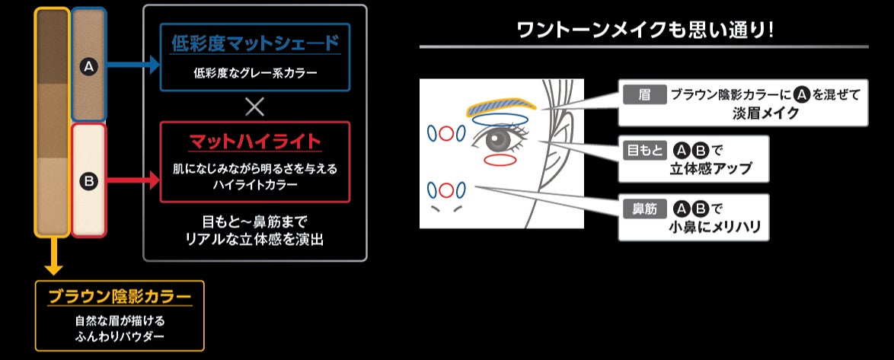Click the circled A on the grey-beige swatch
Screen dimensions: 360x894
[88, 68]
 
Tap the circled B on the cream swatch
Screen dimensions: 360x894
[88, 181]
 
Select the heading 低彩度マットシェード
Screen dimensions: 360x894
[254, 43]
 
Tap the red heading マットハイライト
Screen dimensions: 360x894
[254, 142]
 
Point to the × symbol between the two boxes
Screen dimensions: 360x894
[255, 106]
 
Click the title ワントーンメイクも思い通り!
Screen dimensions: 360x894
[643, 30]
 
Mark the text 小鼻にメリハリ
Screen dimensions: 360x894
[715, 227]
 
